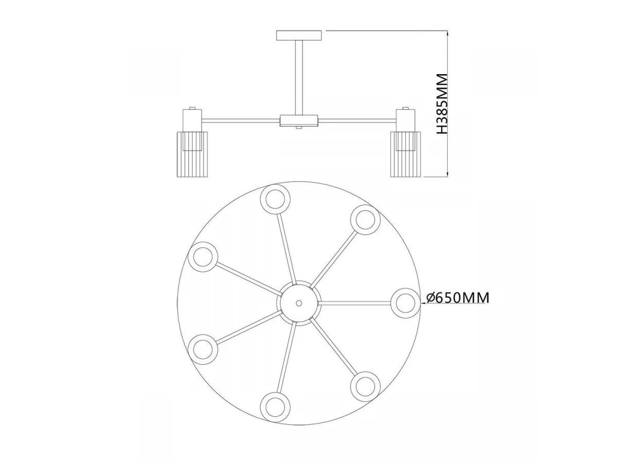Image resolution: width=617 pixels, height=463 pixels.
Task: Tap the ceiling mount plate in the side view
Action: coord(299,35)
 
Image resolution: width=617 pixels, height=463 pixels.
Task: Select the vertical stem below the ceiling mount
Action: coord(299,78)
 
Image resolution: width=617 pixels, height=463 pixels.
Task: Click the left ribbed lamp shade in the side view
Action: coord(192,154)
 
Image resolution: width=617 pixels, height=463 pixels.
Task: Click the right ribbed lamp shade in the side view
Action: coord(406,154)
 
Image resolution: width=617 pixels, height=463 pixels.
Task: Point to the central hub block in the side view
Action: coord(299,121)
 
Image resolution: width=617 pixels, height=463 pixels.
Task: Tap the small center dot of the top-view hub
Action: coord(299,304)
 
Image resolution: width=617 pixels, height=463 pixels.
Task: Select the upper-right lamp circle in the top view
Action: coord(366,220)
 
